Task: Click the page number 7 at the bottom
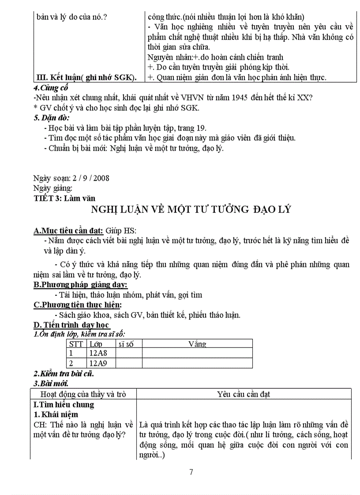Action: coord(191,472)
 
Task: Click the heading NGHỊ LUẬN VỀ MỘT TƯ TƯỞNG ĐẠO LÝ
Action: coord(191,209)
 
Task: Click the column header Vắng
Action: coord(197,344)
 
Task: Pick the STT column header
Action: coord(76,344)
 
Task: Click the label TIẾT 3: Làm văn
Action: coord(64,198)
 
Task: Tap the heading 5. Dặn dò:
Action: coord(51,118)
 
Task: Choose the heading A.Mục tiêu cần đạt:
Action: coord(68,231)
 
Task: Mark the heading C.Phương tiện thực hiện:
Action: coord(78,305)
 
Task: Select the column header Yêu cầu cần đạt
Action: coord(244,394)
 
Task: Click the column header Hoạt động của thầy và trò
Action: coord(83,394)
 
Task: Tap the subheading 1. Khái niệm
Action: coord(56,414)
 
